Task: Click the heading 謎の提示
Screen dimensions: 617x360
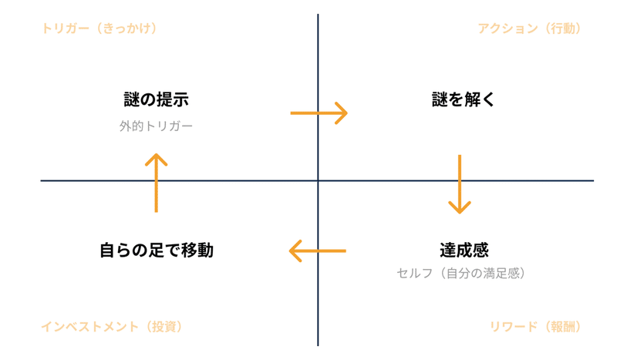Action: coord(157,100)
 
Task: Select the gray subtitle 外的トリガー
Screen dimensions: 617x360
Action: coord(157,125)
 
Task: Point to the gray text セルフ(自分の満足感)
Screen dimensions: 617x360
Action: coord(461,273)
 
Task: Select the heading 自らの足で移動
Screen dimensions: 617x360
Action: coord(157,251)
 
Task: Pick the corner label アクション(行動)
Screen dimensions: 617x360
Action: coord(529,29)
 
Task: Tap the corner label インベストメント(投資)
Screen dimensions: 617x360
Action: coord(111,326)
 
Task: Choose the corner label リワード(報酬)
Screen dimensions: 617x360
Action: coord(534,326)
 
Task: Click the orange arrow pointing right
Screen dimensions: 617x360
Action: coord(319,113)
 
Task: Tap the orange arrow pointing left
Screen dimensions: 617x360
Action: coord(317,251)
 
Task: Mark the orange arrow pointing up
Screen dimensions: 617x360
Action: coord(157,182)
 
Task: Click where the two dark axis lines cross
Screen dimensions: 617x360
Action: coord(318,181)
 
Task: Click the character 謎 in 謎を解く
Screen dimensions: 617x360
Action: coord(440,100)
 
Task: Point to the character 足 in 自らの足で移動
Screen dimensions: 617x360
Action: coord(157,251)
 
